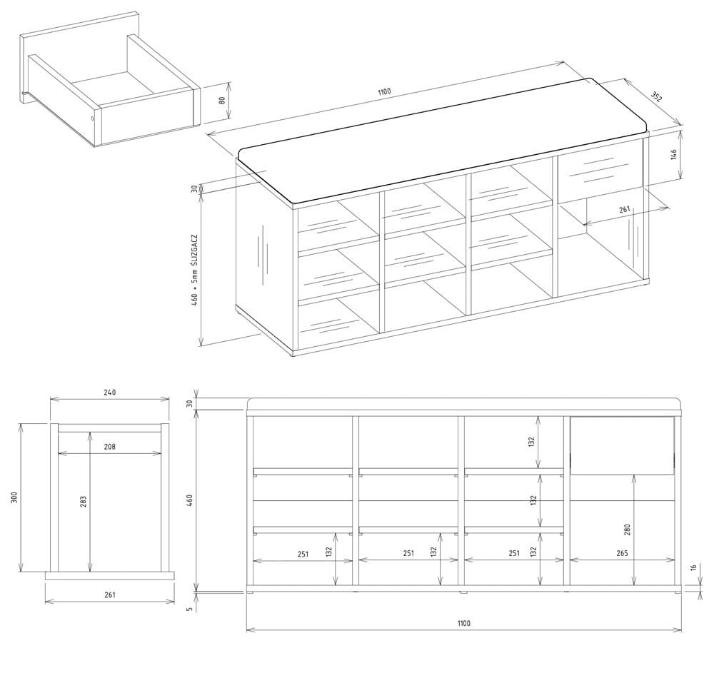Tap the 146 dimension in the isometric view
pos(673,154)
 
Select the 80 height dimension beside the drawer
pos(222,101)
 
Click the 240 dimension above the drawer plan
pos(110,392)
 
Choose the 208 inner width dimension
pos(109,446)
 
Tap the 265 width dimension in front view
pos(622,553)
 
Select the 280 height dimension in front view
pos(628,530)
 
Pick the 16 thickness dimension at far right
pos(694,567)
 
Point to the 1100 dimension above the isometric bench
pos(384,91)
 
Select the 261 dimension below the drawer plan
pos(110,594)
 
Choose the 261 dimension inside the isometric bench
pos(624,210)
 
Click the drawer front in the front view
pos(622,445)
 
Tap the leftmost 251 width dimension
pos(303,553)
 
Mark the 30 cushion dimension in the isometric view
pos(194,188)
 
